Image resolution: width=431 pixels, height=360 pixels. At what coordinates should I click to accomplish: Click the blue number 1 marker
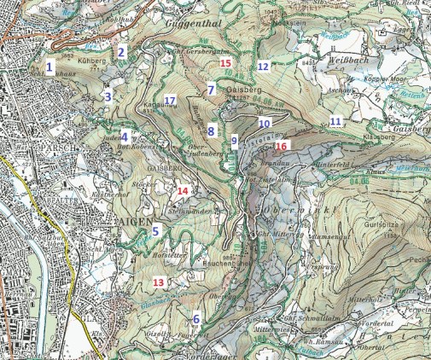point(50,66)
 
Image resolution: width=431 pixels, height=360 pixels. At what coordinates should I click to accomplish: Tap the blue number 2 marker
point(121,52)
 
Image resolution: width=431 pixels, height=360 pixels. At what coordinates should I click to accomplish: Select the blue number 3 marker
point(108,96)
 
